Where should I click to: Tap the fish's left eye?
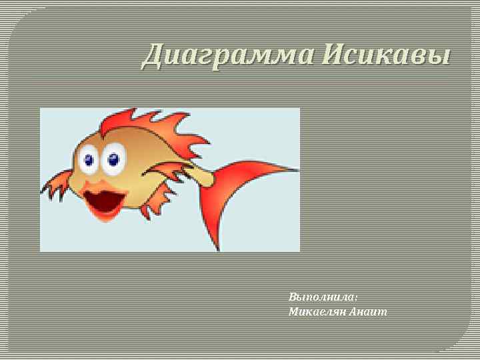tap(88, 159)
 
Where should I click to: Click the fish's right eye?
tap(113, 159)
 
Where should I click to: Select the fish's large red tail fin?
tap(243, 193)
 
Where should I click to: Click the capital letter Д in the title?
tap(153, 55)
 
